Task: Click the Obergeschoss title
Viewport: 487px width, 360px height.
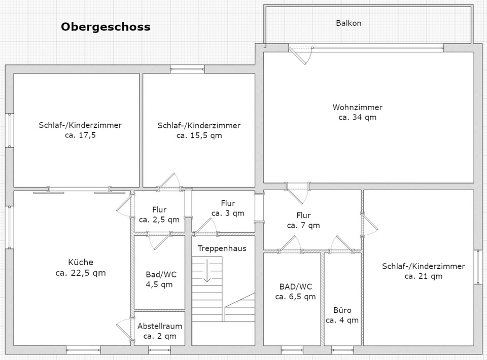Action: (x=106, y=27)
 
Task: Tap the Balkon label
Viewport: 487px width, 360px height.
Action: (x=349, y=23)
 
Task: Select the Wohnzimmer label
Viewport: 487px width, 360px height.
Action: (x=358, y=107)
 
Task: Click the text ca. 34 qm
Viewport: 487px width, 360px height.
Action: (x=358, y=117)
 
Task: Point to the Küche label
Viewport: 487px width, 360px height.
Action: (x=81, y=262)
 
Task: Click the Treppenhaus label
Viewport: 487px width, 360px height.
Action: (x=222, y=248)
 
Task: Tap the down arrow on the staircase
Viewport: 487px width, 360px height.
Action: (x=207, y=271)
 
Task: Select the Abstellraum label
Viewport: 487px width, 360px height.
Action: (x=160, y=326)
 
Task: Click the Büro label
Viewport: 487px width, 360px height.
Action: (x=342, y=310)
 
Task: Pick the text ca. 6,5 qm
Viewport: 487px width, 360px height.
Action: (x=295, y=297)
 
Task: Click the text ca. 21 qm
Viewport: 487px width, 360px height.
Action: (x=424, y=276)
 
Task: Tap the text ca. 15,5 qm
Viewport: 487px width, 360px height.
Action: (x=199, y=135)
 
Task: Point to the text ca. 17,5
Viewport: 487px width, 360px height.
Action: (x=81, y=135)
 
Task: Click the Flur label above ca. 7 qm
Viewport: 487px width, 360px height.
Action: (x=303, y=215)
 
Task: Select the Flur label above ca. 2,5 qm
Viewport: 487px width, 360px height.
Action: (x=159, y=210)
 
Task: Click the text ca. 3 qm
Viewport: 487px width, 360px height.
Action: (x=228, y=213)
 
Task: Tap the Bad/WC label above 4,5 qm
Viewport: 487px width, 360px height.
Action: (x=161, y=275)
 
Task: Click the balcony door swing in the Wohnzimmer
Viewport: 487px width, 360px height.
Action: (x=301, y=56)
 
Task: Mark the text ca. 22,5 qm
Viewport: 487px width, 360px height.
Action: (x=81, y=273)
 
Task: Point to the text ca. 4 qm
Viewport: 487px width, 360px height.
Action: (x=342, y=320)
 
